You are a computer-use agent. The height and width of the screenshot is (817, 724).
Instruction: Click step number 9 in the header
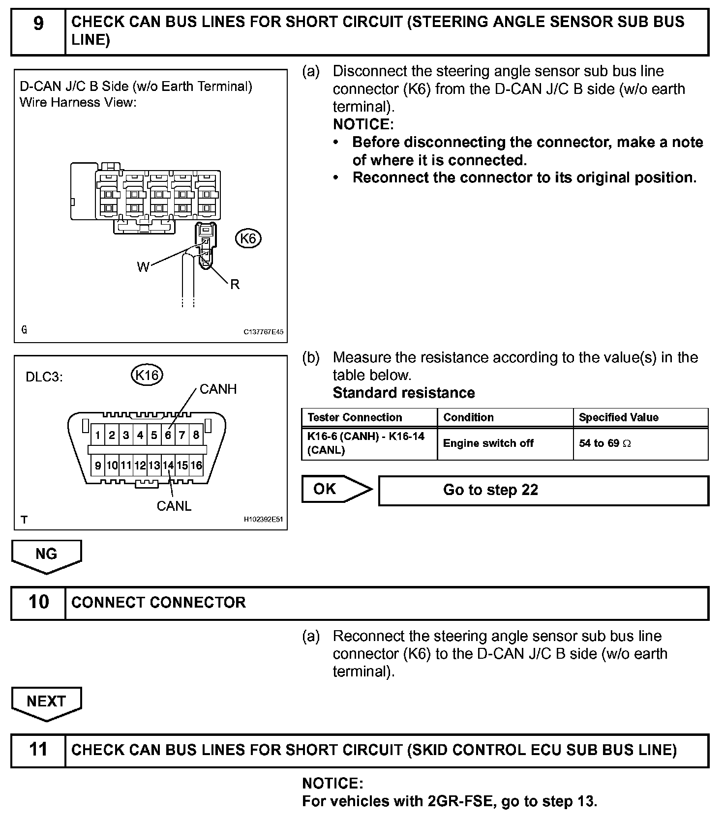point(38,24)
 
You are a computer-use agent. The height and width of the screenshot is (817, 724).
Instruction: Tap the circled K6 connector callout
point(248,238)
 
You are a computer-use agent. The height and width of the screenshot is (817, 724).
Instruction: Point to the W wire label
point(143,267)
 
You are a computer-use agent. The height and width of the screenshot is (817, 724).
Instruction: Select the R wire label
point(235,285)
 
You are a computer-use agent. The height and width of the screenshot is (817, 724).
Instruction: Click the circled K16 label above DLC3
point(147,375)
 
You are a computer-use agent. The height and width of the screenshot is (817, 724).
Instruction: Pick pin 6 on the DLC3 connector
point(168,435)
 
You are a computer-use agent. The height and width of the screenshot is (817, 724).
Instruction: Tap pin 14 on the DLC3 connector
point(168,465)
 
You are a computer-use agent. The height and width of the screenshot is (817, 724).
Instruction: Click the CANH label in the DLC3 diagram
point(218,389)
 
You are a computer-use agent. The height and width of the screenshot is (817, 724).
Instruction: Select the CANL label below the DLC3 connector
point(174,506)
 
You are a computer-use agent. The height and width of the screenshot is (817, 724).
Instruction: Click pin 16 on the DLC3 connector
point(196,465)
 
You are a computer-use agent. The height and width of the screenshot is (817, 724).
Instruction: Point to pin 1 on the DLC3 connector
point(98,435)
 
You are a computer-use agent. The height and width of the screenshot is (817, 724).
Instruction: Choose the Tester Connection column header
point(355,417)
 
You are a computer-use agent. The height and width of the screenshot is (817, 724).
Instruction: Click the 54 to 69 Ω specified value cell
point(604,443)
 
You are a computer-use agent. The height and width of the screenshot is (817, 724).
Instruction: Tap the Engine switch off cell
point(488,443)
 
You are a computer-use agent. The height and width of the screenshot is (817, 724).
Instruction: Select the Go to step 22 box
point(543,490)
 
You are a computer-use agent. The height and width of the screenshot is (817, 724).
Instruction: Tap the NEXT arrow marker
point(46,702)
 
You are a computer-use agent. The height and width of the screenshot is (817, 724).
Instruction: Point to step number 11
point(38,750)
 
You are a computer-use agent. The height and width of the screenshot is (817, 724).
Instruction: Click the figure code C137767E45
point(263,332)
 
